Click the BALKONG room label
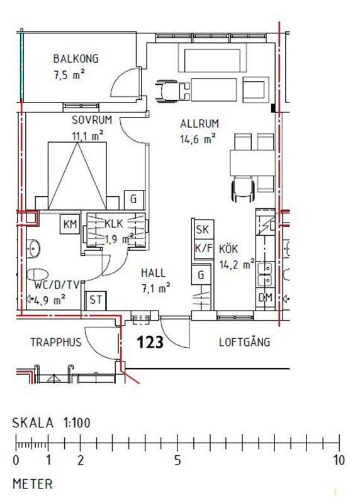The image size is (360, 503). [x=76, y=58]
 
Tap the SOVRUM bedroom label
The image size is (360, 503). [x=92, y=120]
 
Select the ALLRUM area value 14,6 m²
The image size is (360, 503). [x=198, y=140]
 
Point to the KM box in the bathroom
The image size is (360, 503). [x=70, y=224]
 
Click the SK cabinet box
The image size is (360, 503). [x=203, y=229]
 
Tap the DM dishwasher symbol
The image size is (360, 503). [x=265, y=297]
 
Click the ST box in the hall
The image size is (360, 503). [x=96, y=301]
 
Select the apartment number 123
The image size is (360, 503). [x=150, y=342]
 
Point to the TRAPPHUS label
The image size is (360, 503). [x=56, y=342]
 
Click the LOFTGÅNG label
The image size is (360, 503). [x=244, y=341]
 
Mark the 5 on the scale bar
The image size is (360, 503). [x=177, y=460]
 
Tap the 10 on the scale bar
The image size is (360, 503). [x=339, y=460]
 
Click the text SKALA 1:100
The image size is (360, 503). [x=52, y=423]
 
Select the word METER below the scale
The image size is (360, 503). [x=33, y=484]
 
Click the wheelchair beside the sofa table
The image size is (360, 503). [x=172, y=91]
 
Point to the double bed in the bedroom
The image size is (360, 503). [x=77, y=176]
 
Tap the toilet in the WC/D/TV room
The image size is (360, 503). [x=37, y=275]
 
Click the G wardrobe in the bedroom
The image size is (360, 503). [x=134, y=199]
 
